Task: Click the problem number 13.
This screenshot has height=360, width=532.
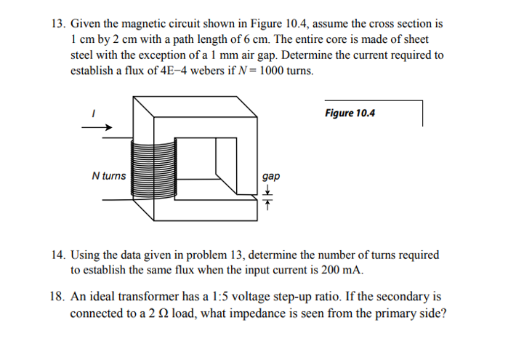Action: (57, 23)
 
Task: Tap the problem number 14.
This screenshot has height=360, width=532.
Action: (57, 255)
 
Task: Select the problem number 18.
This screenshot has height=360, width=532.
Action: (57, 297)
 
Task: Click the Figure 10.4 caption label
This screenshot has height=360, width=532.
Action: (350, 113)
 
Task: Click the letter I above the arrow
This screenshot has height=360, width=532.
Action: (92, 113)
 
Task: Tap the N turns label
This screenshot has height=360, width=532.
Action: (108, 175)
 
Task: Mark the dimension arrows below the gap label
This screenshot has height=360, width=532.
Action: (267, 196)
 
